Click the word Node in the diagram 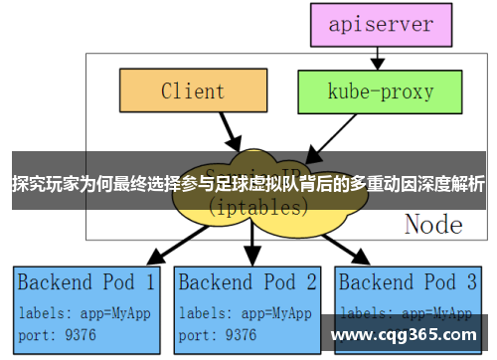(432, 224)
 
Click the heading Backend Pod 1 (86, 281)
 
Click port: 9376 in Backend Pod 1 (58, 334)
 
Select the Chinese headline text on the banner (248, 184)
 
